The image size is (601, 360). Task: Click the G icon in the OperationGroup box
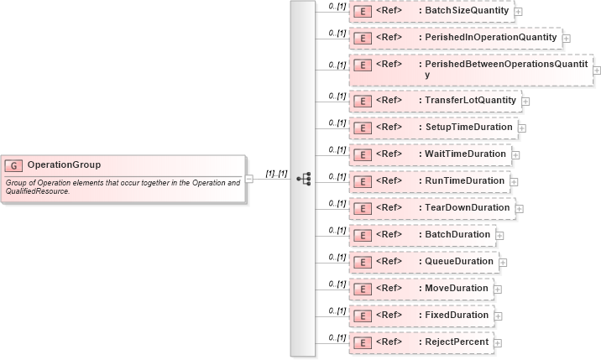coord(14,165)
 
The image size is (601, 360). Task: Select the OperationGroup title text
coord(64,165)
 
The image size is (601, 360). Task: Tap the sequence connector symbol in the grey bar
coord(304,179)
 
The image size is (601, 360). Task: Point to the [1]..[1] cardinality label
coord(276,174)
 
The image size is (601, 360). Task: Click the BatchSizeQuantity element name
coord(467,11)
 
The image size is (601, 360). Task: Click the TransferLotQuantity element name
coord(470,101)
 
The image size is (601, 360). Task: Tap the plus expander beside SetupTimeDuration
coord(522,128)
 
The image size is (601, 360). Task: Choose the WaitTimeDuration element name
coord(465,154)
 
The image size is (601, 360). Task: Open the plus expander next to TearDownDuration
coord(520,209)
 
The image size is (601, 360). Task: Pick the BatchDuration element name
coord(457,235)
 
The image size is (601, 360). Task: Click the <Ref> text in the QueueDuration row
coord(389,262)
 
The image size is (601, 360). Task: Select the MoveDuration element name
coord(456,289)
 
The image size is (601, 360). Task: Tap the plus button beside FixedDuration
coord(498,316)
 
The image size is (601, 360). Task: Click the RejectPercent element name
coord(457,342)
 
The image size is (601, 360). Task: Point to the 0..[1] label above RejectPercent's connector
coord(337,337)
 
